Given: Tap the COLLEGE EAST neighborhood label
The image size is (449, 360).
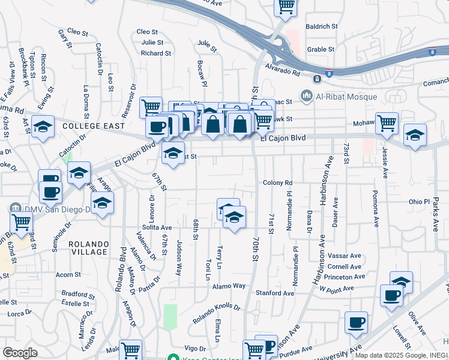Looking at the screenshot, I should point(93,126).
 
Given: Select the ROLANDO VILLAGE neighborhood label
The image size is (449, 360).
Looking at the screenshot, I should point(89,248).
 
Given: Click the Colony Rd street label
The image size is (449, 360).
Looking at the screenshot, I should point(277,183).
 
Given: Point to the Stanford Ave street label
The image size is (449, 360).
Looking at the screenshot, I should point(275,293).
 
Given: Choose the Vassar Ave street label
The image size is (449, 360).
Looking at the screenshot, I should point(345,256).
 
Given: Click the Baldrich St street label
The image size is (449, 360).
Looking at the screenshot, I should point(321,27).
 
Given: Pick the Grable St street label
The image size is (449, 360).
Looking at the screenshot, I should point(320,50).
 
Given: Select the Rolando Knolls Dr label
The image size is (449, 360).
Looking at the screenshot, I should point(216,315).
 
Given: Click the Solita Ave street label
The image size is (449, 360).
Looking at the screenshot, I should point(157,228).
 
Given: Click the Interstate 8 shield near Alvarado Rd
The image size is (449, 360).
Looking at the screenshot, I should point(329,73).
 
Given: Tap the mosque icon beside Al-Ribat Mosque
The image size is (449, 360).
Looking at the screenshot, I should point(307,96).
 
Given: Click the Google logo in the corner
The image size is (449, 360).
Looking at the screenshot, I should point(20,353).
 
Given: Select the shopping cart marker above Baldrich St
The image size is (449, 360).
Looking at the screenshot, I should point(286,7).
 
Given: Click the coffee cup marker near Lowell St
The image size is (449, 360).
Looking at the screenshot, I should point(391,296).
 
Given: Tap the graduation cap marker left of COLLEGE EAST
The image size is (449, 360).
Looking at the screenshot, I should point(43,127).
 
